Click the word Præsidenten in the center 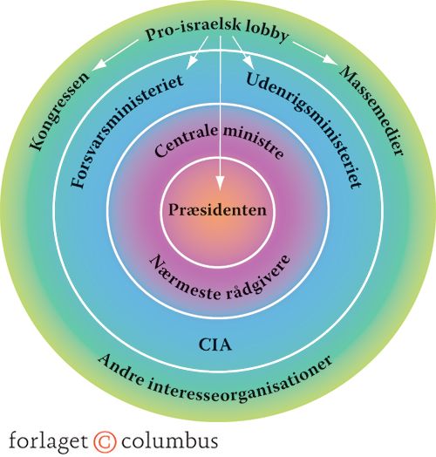click(x=217, y=210)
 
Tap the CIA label click(x=215, y=344)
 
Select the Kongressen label click(x=59, y=112)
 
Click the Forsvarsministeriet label click(x=126, y=131)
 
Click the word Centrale click(x=186, y=140)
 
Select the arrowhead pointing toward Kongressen click(x=99, y=65)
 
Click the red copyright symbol click(x=105, y=441)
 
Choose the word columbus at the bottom click(x=170, y=440)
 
